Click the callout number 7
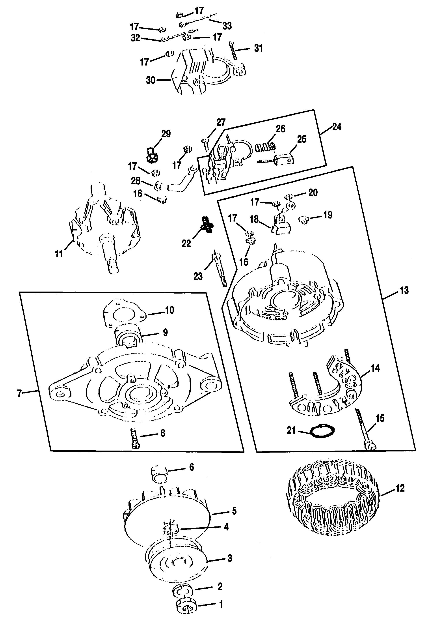coord(19,394)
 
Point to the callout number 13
coord(404,291)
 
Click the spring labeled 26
coord(265,147)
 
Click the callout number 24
coord(337,127)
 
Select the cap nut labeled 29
coord(153,154)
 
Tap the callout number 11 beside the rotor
coord(59,254)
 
